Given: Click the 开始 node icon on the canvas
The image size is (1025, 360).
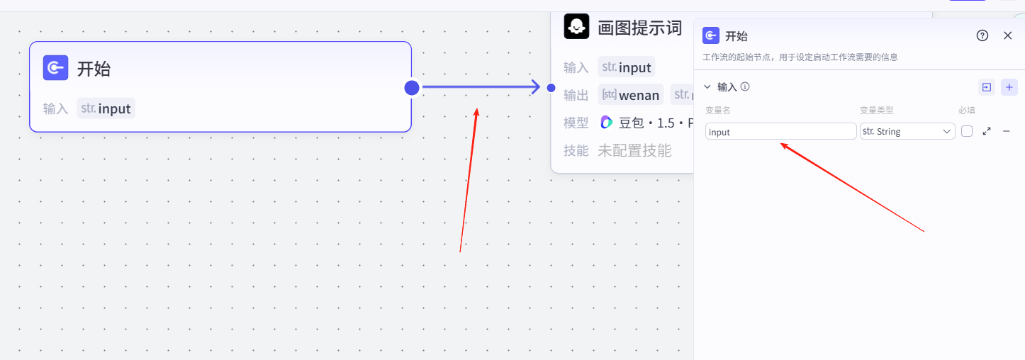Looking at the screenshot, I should [55, 68].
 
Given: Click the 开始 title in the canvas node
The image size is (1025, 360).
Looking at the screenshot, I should [94, 69].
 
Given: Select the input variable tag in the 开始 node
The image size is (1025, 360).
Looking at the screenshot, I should [106, 108].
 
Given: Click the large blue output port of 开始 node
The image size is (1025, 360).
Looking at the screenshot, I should [412, 87].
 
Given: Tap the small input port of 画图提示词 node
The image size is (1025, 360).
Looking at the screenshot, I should [551, 87].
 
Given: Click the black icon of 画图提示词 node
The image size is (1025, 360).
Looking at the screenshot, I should [576, 27].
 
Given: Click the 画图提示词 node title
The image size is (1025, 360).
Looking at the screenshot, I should [639, 28].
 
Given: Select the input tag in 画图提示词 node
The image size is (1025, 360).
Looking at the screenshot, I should [627, 67].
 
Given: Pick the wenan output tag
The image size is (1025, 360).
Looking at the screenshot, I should [631, 95].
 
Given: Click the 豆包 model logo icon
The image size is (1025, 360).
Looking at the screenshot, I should [606, 122].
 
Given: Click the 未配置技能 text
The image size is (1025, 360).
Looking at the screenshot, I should [634, 150].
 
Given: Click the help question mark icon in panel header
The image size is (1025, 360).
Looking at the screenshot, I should [982, 35].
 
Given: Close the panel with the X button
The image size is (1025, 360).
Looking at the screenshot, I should [1008, 35].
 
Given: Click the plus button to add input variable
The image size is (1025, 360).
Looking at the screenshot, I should [1009, 87].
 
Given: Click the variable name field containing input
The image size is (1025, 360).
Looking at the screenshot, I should [780, 132].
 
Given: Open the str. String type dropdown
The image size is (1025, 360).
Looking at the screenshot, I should [907, 132].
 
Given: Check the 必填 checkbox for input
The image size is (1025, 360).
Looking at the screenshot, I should [967, 132].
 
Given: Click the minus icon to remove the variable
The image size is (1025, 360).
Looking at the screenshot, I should [1006, 132].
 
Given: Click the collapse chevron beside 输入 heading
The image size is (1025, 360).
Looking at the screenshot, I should [707, 87].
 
